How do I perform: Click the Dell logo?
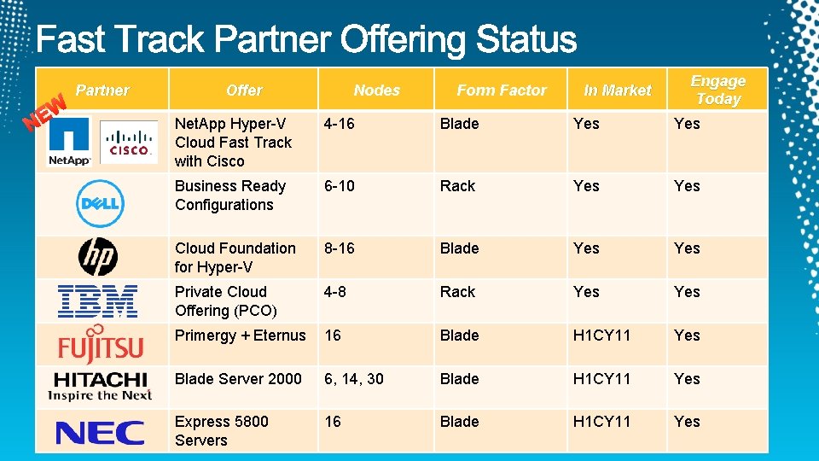point(101,204)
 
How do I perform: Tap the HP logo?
point(98,256)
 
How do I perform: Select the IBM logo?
point(98,301)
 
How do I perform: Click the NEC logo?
point(100,432)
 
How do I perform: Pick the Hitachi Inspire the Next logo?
point(100,386)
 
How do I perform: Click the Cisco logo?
point(129,142)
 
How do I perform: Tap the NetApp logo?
point(69,142)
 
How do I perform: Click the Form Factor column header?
point(502,90)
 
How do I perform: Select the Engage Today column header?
point(717,90)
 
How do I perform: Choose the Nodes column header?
point(376,90)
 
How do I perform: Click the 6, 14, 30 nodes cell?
point(353,379)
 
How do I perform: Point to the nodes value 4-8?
point(335,292)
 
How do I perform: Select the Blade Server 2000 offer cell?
point(238,379)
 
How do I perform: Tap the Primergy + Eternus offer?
point(240,336)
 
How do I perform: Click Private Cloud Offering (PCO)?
point(225,301)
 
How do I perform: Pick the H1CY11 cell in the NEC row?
point(601,422)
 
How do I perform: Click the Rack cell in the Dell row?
point(457,186)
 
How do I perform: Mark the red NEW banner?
point(45,114)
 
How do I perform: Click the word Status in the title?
point(526,40)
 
